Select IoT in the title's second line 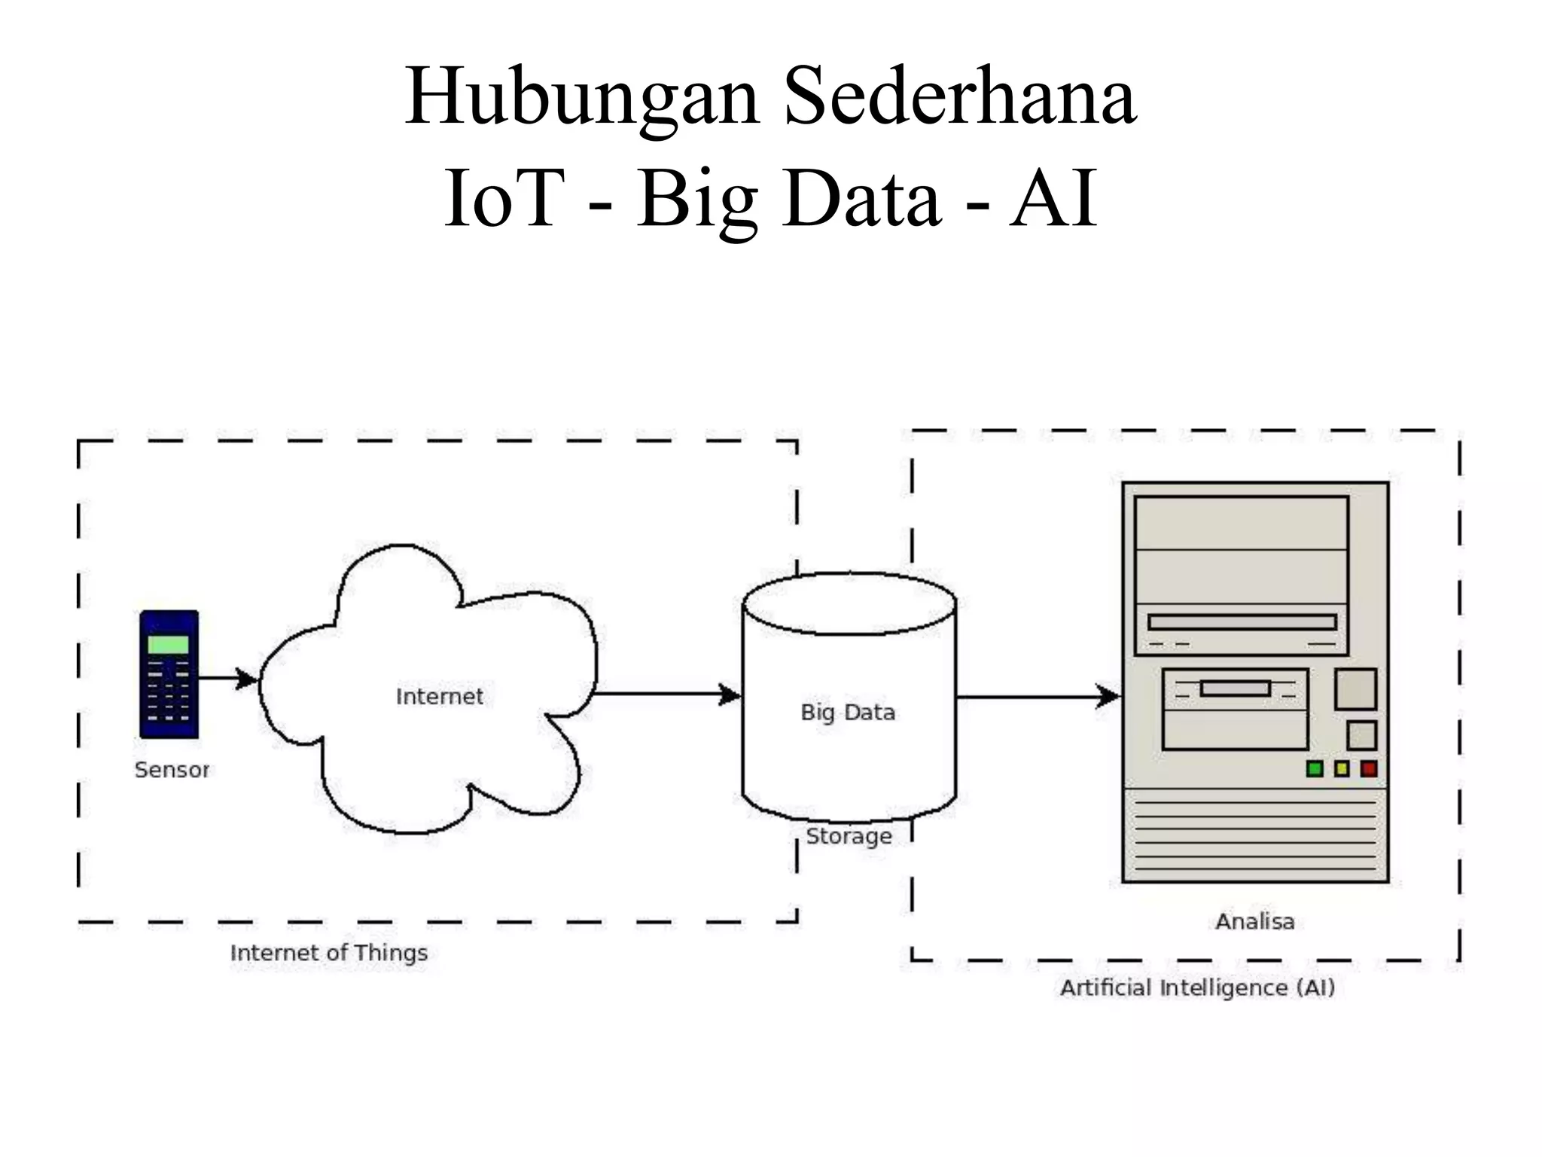[x=504, y=199]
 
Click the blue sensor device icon [x=169, y=674]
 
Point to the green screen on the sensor [x=168, y=644]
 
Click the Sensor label [x=172, y=770]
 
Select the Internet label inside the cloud [x=440, y=697]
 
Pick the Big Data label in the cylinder [x=848, y=713]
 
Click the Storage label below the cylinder [x=849, y=836]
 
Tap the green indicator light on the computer [x=1315, y=769]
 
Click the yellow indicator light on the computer [x=1342, y=769]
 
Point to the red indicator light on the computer [x=1369, y=769]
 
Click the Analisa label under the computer [x=1255, y=921]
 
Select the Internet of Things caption [x=329, y=953]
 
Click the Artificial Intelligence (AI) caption [x=1197, y=988]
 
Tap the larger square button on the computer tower [x=1355, y=688]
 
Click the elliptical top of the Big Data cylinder [x=849, y=603]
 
